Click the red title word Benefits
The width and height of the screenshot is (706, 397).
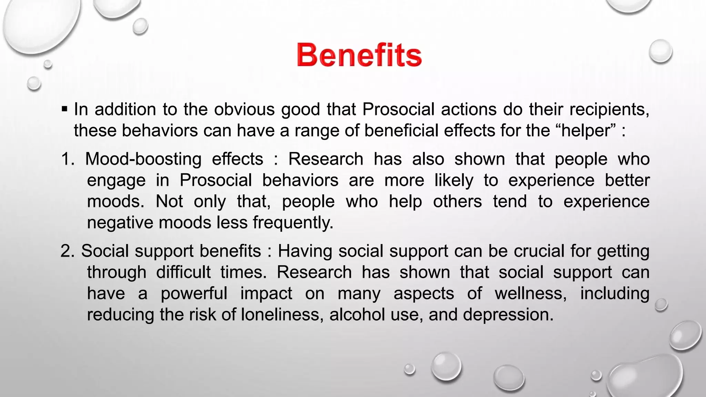(359, 55)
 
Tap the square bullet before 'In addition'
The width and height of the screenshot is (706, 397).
(64, 110)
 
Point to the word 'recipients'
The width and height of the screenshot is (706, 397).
(609, 110)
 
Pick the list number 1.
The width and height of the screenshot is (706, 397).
(67, 159)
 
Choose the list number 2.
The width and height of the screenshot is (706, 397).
(67, 251)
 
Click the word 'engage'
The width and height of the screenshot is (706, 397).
(116, 181)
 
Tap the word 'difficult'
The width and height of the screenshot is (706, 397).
(183, 272)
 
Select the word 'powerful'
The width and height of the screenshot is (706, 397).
(194, 294)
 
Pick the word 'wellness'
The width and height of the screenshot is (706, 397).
(530, 294)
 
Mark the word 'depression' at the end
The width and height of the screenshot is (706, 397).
(507, 315)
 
